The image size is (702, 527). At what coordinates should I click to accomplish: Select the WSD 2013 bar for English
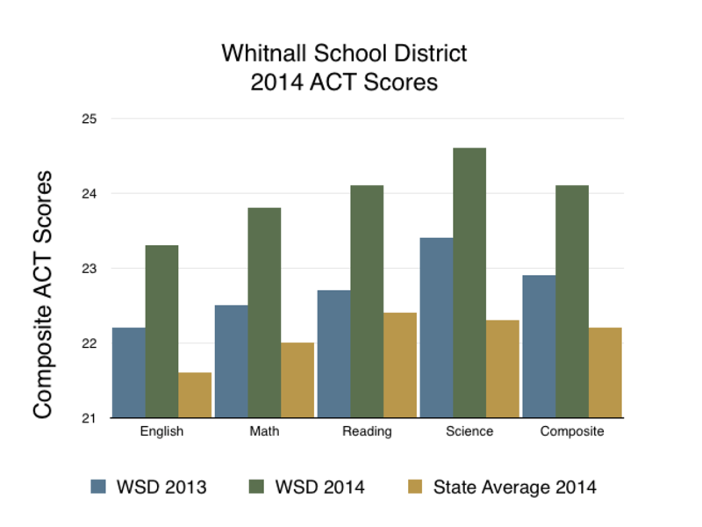click(x=128, y=372)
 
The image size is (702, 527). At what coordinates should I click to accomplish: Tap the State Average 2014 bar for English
click(x=195, y=394)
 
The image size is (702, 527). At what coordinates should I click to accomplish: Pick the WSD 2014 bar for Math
click(x=264, y=313)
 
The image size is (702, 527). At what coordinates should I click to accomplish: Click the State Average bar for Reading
click(x=400, y=365)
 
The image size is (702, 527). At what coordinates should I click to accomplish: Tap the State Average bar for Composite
click(x=605, y=372)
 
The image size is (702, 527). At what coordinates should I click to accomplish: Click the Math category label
click(x=264, y=431)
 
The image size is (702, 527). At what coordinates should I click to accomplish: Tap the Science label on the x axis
click(x=469, y=431)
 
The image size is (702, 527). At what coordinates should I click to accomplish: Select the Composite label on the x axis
click(x=572, y=431)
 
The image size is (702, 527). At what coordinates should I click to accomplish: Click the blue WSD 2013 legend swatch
click(x=98, y=487)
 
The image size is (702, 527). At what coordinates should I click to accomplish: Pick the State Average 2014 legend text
click(x=514, y=487)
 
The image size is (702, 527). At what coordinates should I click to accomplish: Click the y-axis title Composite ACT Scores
click(x=43, y=294)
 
